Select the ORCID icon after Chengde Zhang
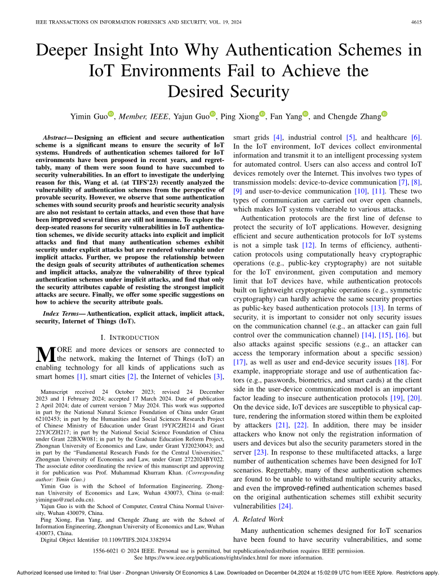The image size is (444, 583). coord(384,114)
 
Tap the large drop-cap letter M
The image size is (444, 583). coord(45,354)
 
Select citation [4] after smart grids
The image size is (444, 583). coord(277,138)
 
